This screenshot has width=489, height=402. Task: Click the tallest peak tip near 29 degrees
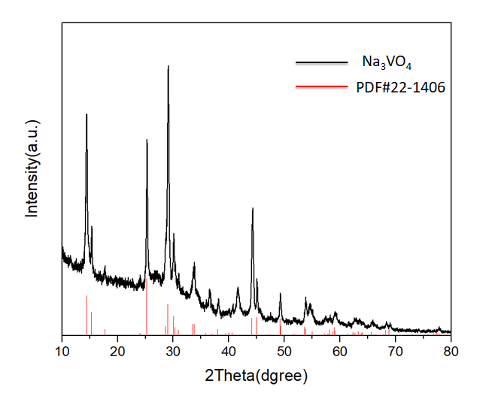click(168, 67)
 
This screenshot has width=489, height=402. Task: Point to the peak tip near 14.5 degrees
click(87, 115)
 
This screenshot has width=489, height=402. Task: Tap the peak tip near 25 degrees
click(147, 141)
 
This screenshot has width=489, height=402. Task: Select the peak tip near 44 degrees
click(252, 209)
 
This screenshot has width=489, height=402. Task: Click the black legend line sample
click(316, 64)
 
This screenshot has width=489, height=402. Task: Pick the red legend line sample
click(316, 87)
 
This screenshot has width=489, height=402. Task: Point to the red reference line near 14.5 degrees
click(87, 316)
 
